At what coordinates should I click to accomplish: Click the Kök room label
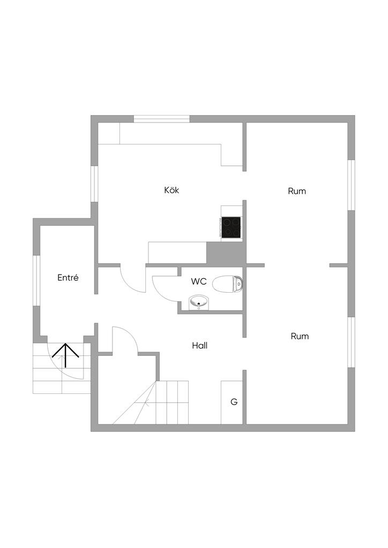[171, 190]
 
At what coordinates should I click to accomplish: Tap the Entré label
[68, 278]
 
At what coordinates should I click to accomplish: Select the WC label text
[199, 281]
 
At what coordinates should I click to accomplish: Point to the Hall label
[199, 346]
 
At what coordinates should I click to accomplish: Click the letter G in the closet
[234, 402]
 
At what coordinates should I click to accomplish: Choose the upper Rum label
[297, 191]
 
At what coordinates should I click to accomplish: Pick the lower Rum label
[300, 337]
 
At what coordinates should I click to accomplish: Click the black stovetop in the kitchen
[232, 226]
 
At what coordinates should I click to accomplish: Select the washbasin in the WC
[199, 303]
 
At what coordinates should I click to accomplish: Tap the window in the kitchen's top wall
[161, 119]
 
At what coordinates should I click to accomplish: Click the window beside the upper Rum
[352, 185]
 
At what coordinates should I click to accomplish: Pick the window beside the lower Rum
[352, 342]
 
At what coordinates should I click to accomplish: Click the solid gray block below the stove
[226, 253]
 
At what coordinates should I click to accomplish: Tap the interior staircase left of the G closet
[171, 401]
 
